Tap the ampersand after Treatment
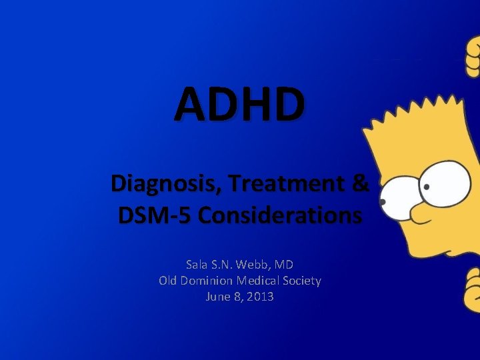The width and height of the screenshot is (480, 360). pos(358,183)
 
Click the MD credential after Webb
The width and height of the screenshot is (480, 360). pos(285,265)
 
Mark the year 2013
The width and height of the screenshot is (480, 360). pos(260,297)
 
